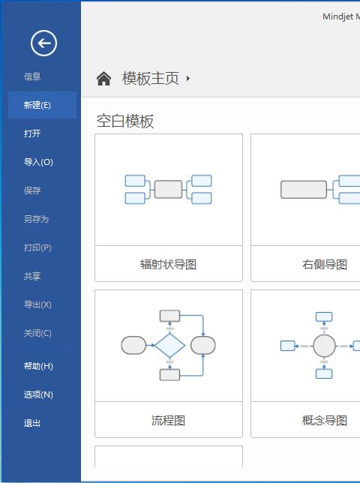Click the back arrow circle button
tap(43, 43)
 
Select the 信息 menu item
tap(32, 76)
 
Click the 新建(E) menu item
tap(37, 105)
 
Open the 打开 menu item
tap(32, 133)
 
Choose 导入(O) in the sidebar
tap(38, 162)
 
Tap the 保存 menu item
tap(32, 190)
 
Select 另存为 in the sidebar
tap(36, 219)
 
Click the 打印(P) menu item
tap(37, 247)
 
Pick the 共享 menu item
tap(32, 276)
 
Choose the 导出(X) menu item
tap(37, 304)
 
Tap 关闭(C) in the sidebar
tap(37, 333)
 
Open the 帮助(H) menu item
tap(38, 366)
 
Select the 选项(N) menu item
tap(38, 394)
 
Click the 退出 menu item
tap(32, 423)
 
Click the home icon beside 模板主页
tap(103, 78)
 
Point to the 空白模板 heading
tap(125, 121)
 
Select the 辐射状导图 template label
tap(169, 264)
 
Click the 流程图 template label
tap(169, 421)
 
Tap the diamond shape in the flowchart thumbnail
tap(169, 346)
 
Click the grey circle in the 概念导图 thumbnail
tap(324, 346)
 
